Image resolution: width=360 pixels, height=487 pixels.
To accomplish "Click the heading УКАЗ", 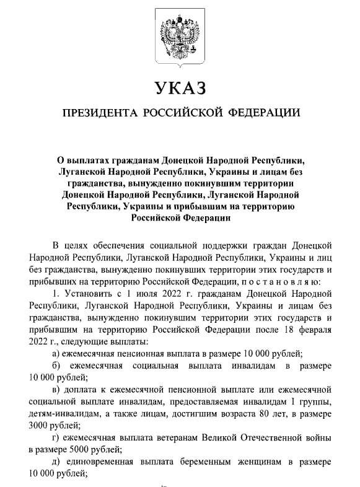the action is [x=180, y=88].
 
